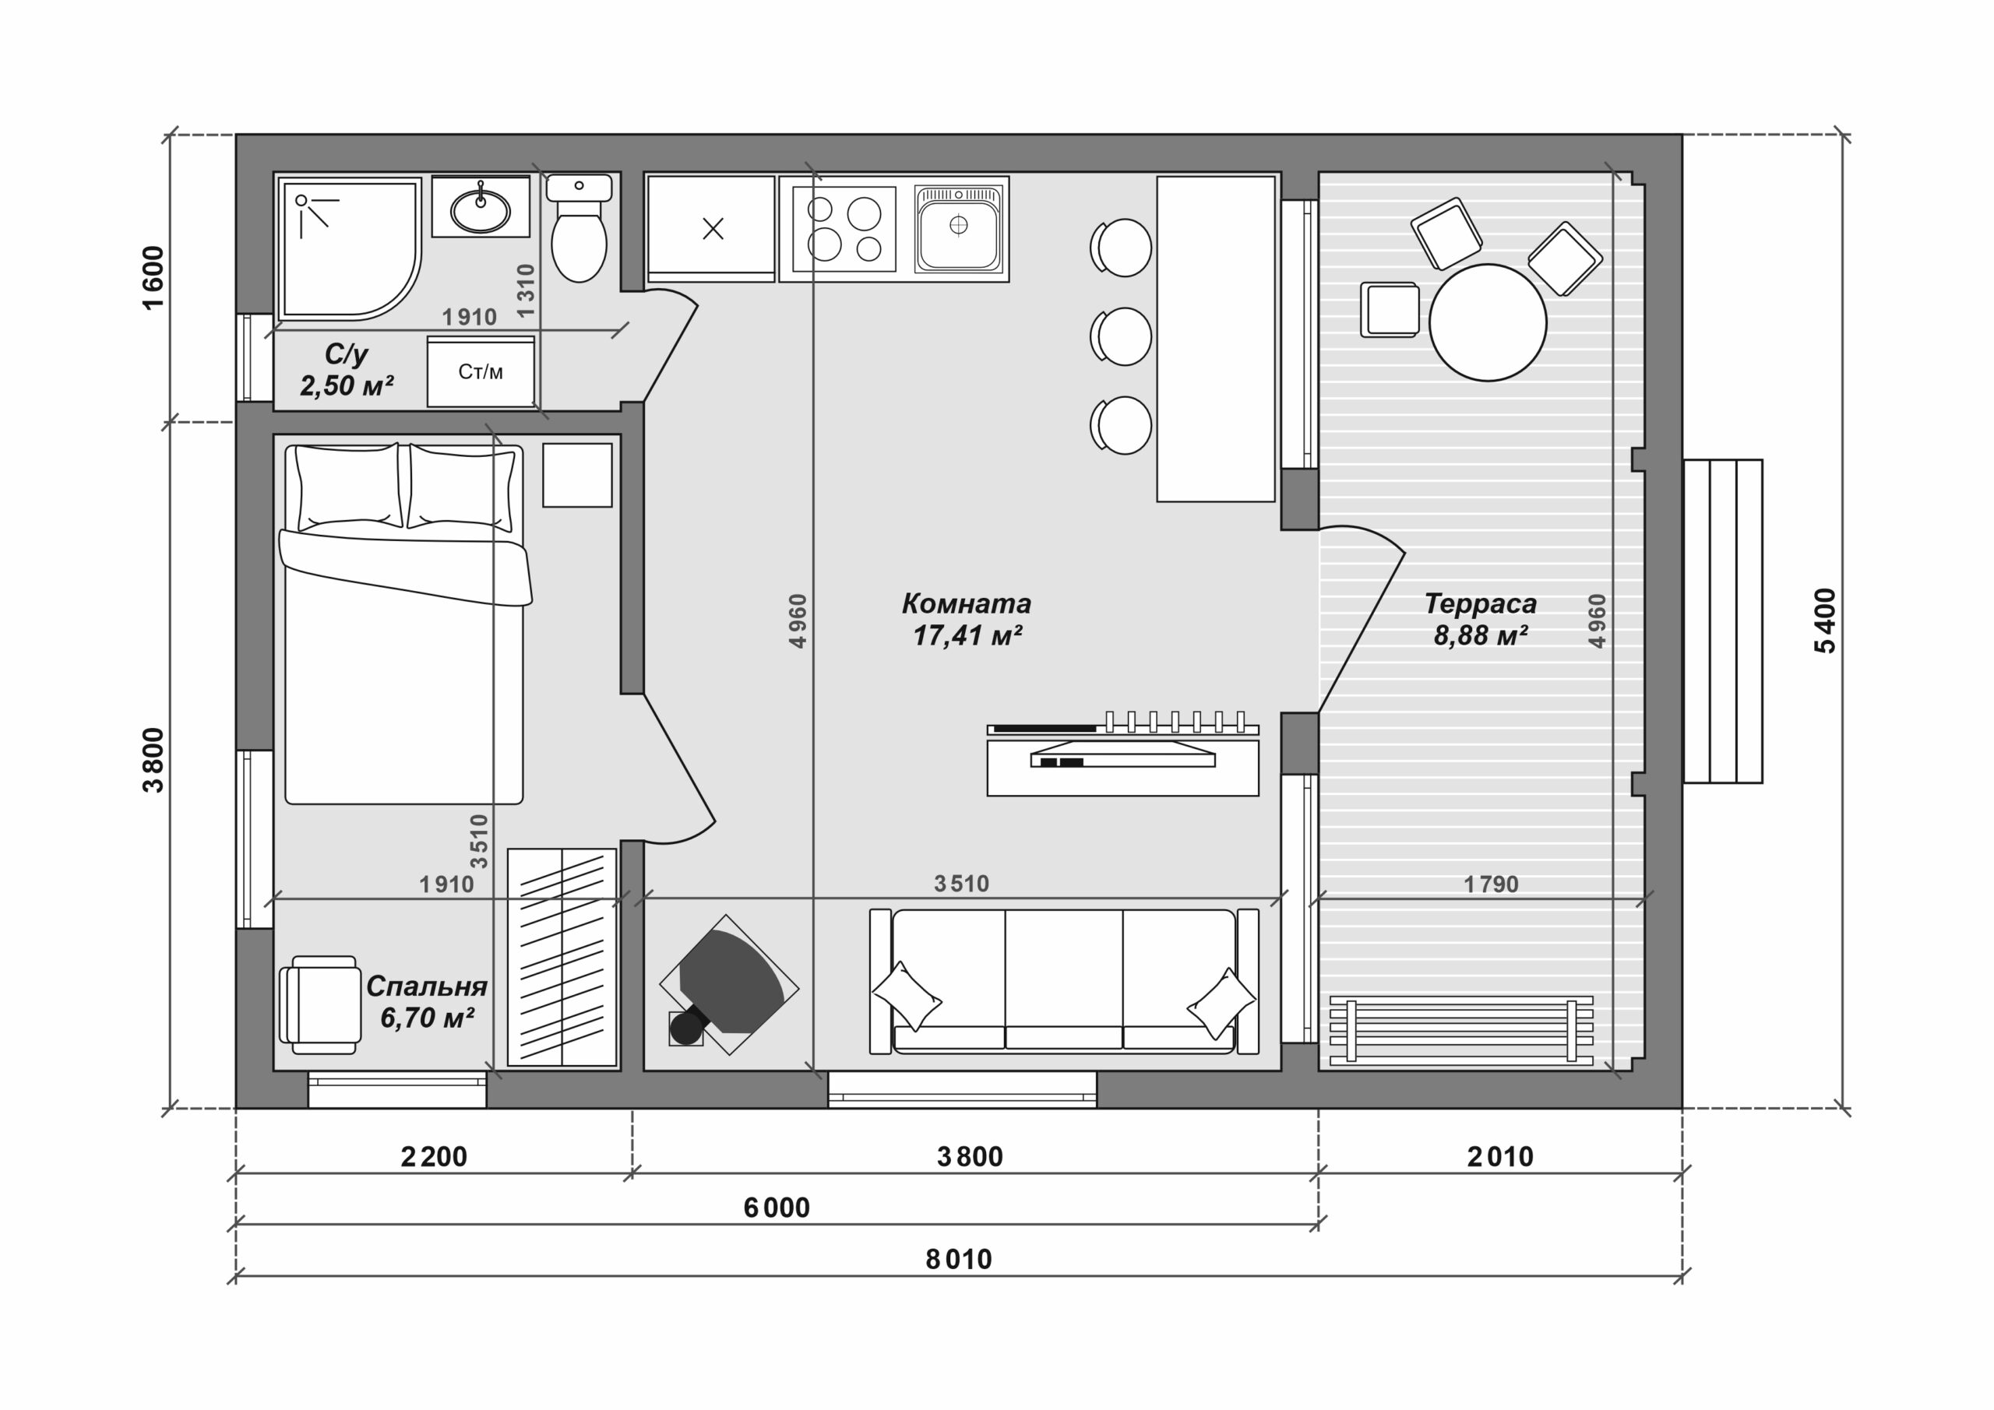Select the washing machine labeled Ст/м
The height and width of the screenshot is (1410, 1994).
coord(481,371)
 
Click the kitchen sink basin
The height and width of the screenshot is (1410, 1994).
coord(958,227)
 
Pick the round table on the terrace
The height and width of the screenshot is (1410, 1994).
coord(1488,322)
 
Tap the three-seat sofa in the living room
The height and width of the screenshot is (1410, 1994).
coord(1064,981)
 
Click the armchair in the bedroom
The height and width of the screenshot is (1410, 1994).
coord(319,1004)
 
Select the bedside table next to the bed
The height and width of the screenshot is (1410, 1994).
coord(577,475)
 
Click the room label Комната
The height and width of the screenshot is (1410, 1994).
coord(966,603)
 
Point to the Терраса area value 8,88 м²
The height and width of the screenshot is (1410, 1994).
coord(1481,635)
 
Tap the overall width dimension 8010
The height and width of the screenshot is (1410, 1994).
coord(958,1259)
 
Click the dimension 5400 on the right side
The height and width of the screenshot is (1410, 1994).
coord(1826,621)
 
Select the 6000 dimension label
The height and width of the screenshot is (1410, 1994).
coord(777,1208)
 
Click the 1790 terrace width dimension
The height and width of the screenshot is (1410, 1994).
coord(1491,884)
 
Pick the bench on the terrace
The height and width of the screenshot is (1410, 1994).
coord(1462,1031)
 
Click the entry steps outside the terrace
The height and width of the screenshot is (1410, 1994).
coord(1723,621)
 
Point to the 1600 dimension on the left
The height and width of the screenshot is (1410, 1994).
coord(153,278)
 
